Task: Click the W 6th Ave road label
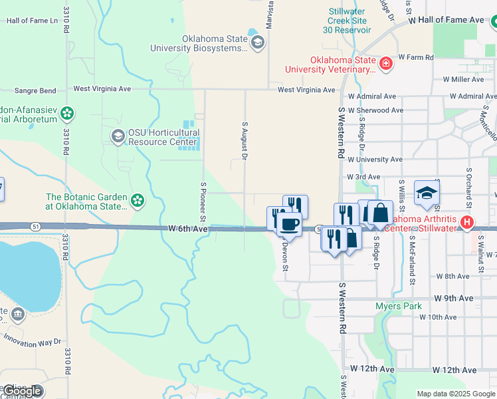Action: tap(189, 229)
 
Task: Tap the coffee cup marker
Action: tap(289, 225)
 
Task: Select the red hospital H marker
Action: tap(467, 222)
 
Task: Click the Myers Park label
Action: tap(399, 307)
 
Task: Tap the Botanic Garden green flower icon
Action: tap(138, 201)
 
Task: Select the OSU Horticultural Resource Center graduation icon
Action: tap(118, 137)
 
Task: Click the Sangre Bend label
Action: tap(35, 90)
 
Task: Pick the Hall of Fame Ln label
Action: tap(32, 21)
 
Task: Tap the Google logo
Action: tap(22, 391)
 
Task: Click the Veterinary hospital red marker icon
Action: tap(386, 64)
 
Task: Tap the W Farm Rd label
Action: tap(416, 58)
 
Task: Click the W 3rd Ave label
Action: tap(363, 177)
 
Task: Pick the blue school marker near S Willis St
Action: tap(427, 194)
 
